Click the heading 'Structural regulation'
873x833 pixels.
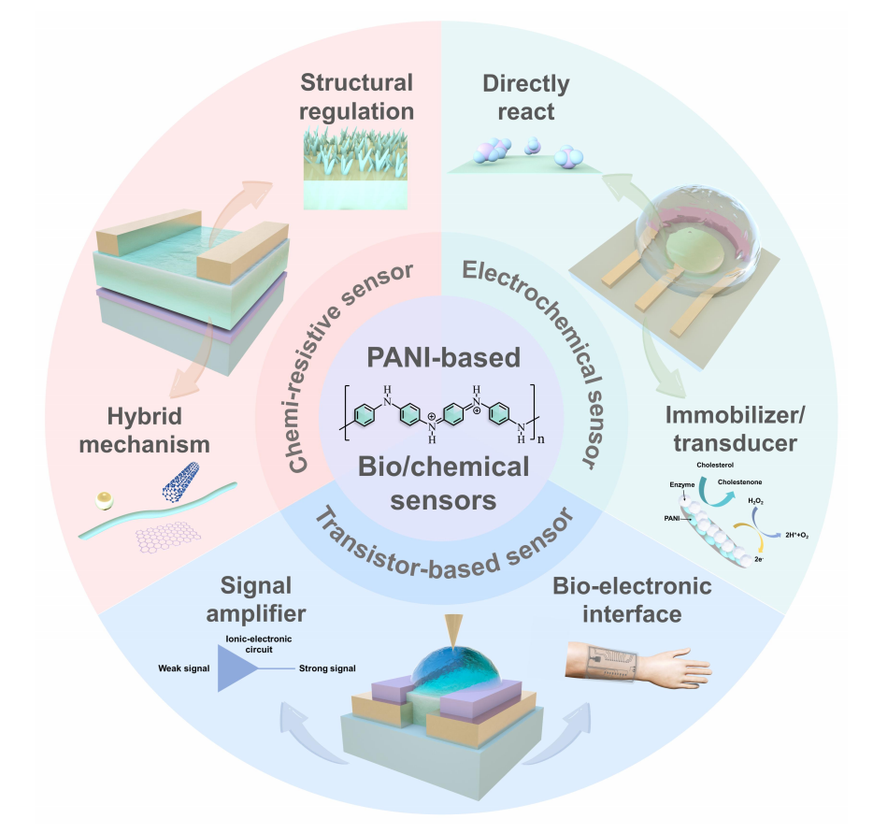point(356,96)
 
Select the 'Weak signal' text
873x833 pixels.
point(182,669)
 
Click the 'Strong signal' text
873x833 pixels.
point(327,669)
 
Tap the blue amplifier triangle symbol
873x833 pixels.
point(235,669)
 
